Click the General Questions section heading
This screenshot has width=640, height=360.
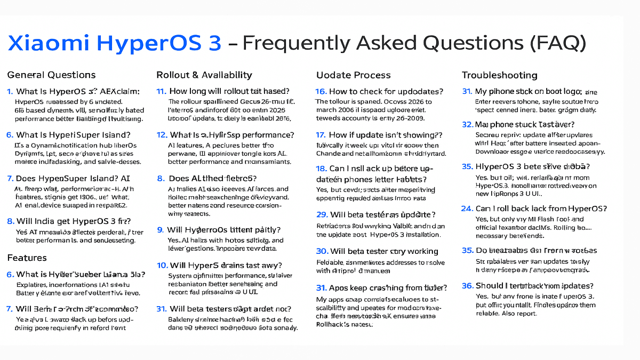pyautogui.click(x=51, y=75)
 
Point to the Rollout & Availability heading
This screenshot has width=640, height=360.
pyautogui.click(x=204, y=75)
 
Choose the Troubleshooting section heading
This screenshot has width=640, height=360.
pyautogui.click(x=499, y=75)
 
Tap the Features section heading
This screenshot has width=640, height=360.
pyautogui.click(x=27, y=258)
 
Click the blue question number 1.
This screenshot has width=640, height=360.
pyautogui.click(x=10, y=92)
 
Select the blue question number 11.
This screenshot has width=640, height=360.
pyautogui.click(x=161, y=91)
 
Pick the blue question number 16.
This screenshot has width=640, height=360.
pyautogui.click(x=321, y=92)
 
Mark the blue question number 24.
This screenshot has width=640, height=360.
pyautogui.click(x=467, y=209)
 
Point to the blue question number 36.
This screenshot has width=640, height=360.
pyautogui.click(x=467, y=286)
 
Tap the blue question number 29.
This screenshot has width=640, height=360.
pyautogui.click(x=322, y=215)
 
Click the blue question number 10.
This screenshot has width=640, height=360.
pyautogui.click(x=162, y=265)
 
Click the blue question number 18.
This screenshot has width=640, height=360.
pyautogui.click(x=322, y=169)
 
